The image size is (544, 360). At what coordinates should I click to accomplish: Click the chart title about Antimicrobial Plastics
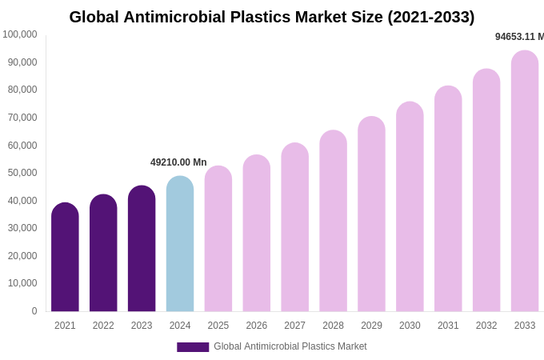(x=271, y=17)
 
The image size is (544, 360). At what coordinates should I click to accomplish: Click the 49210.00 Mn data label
(x=178, y=162)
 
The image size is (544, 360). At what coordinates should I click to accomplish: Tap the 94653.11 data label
(x=519, y=37)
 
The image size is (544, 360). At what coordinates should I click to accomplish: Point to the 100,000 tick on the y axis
(x=20, y=34)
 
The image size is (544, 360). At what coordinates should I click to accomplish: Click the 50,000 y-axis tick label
(x=22, y=173)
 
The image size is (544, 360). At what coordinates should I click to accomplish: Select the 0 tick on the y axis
(x=34, y=311)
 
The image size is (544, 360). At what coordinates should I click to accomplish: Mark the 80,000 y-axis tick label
(x=22, y=90)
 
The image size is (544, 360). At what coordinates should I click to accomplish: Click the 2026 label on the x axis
(x=256, y=326)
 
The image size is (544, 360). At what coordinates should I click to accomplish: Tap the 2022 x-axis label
(x=103, y=326)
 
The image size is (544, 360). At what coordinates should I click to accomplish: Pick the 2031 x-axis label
(x=448, y=326)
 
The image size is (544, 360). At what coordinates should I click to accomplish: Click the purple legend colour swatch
(x=193, y=347)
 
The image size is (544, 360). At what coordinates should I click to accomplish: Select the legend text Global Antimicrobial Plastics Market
(x=290, y=346)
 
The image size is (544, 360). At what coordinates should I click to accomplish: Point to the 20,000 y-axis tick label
(x=22, y=256)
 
